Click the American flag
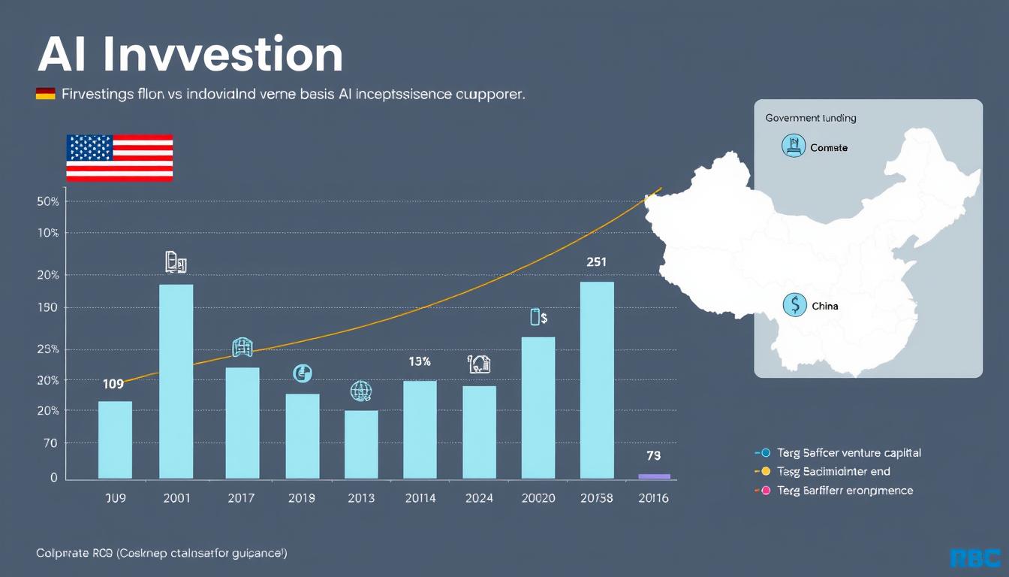coord(119,158)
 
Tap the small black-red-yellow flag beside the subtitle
coord(46,94)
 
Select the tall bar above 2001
coord(176,381)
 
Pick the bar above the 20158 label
coord(597,379)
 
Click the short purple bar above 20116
coord(653,476)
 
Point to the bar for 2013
coord(361,444)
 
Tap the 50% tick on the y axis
coord(47,201)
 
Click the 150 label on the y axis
coord(47,308)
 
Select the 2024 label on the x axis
coord(479,497)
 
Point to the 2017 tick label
coord(240,497)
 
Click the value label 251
coord(596,262)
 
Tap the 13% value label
coord(419,361)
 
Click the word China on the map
coord(825,306)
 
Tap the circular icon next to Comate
coord(793,146)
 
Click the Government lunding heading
coord(811,118)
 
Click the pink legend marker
coord(766,491)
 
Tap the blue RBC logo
coord(975,557)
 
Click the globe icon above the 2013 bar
coord(361,391)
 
